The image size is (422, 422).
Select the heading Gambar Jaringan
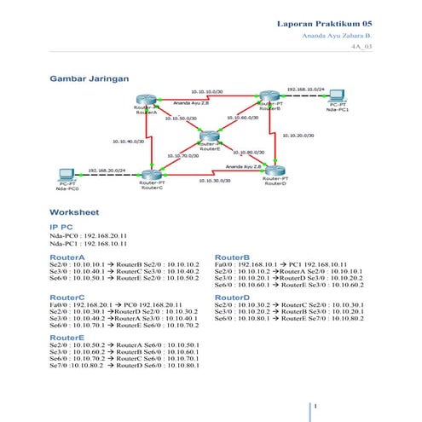[90, 78]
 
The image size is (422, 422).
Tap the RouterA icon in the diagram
[147, 101]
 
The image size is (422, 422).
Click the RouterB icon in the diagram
[269, 98]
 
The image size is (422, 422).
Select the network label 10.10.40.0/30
[128, 141]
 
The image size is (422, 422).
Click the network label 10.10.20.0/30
[296, 135]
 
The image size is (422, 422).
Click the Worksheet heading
[74, 211]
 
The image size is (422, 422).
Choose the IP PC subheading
[61, 226]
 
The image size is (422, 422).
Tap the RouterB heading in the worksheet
[232, 256]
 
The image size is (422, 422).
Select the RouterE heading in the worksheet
[67, 337]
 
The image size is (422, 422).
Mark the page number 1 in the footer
[316, 406]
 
